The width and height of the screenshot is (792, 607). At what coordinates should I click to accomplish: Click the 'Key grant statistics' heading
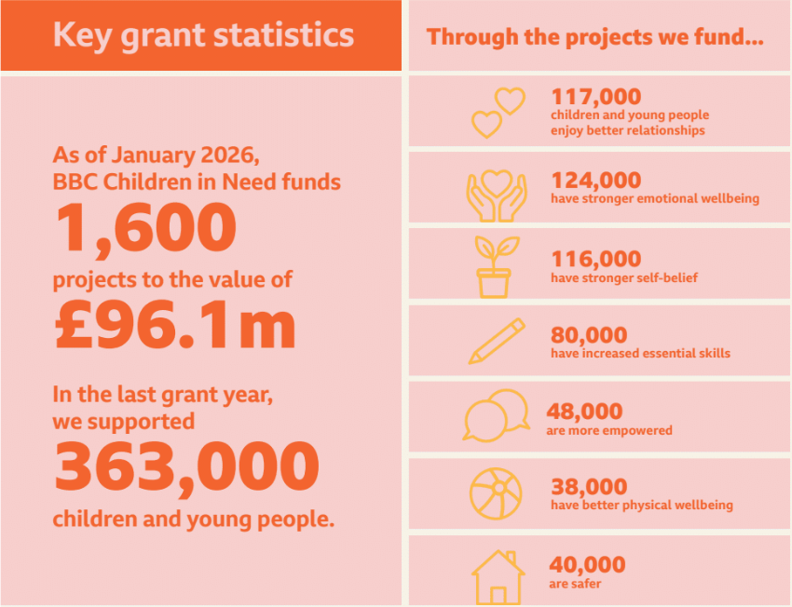coord(203,36)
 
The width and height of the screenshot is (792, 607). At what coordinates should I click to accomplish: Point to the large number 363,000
coord(186,467)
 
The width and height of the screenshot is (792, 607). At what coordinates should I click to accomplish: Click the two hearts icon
coord(498,112)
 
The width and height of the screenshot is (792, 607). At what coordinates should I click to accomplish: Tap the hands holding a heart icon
coord(496,193)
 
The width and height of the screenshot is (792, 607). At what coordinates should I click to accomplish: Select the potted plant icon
coord(495,266)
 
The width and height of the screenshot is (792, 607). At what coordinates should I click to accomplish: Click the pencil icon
coord(497,341)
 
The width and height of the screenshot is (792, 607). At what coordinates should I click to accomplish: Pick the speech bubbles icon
coord(495,415)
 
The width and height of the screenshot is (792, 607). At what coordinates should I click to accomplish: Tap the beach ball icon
coord(497,492)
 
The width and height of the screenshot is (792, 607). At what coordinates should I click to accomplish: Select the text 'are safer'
coord(575,584)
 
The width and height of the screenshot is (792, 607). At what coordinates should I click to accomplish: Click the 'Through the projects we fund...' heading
coord(596,38)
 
